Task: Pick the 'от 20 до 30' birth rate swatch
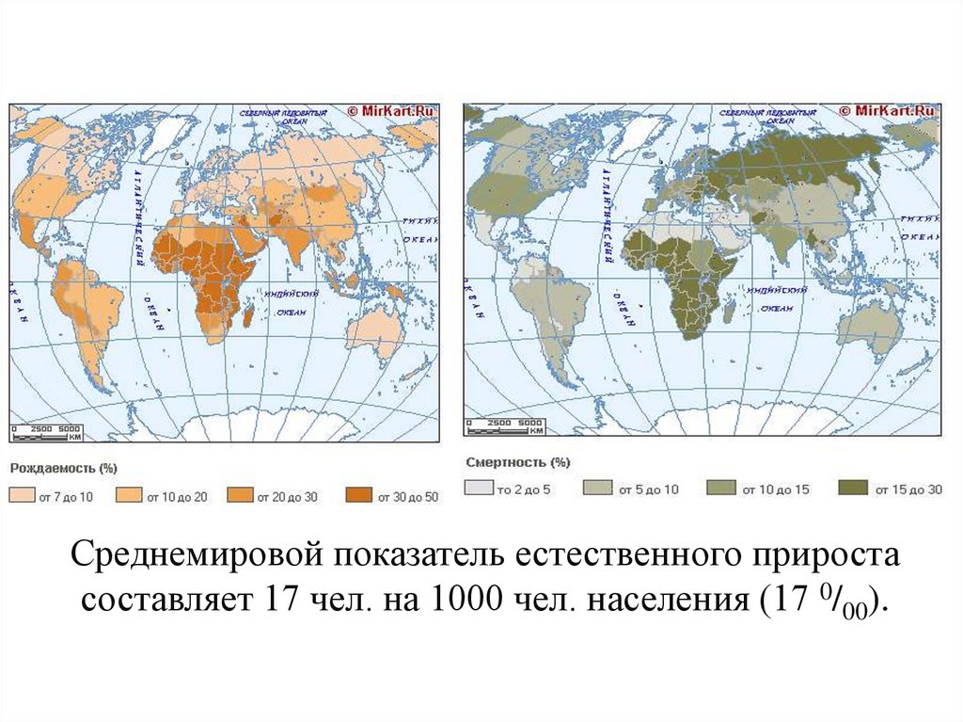(x=242, y=496)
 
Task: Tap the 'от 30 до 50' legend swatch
(x=360, y=496)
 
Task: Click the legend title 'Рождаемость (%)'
(x=63, y=468)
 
